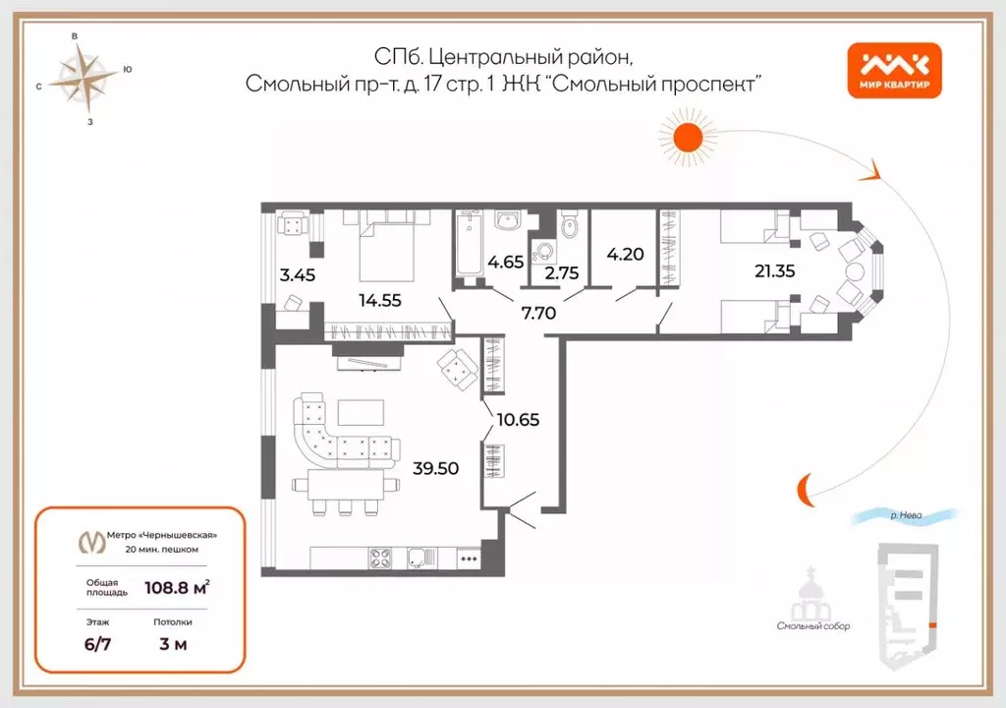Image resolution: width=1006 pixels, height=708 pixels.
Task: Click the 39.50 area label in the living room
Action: tap(436, 468)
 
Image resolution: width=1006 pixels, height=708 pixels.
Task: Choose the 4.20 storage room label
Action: tap(626, 252)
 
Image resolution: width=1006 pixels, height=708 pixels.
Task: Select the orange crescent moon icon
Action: tap(805, 486)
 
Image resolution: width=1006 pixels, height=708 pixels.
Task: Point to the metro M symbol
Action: tap(94, 541)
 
